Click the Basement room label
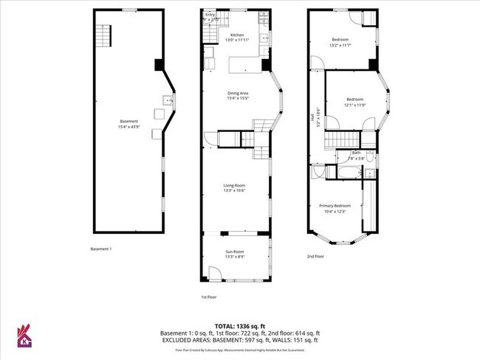pos(129,121)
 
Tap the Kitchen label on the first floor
pos(237,35)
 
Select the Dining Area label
pos(237,93)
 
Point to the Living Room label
pos(235,185)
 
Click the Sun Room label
pos(235,252)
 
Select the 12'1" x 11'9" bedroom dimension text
pos(355,105)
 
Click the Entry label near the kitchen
pos(210,15)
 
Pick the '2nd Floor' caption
pos(316,257)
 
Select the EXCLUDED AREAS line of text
pos(239,340)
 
